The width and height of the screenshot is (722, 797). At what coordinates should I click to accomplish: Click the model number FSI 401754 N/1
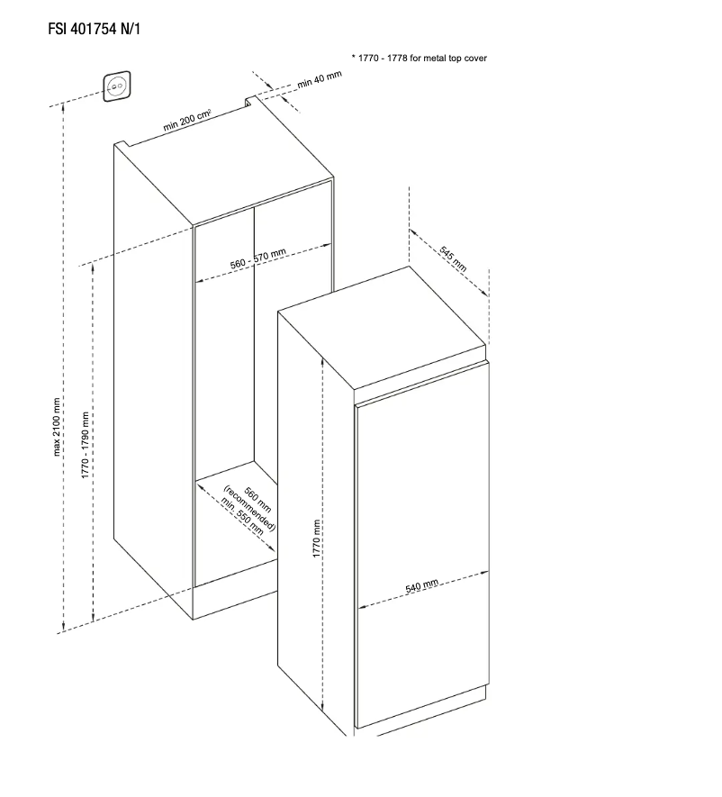coord(94,29)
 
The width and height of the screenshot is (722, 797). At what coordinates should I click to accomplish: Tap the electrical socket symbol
coord(117,86)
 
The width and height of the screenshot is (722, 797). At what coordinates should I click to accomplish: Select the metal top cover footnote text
coord(420,58)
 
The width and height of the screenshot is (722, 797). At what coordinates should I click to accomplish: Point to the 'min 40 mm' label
coord(320,80)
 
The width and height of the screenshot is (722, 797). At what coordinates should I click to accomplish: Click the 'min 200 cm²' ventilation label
coord(187,121)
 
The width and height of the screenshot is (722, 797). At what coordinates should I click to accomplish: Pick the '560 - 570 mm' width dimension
coord(258,258)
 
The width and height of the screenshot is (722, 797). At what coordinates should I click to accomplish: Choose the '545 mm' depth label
coord(453,259)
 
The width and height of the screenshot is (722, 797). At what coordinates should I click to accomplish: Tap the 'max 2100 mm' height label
coord(57,427)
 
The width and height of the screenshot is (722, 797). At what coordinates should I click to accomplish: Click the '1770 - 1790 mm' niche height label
coord(85,445)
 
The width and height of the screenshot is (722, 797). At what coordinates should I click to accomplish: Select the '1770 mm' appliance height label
coord(316,539)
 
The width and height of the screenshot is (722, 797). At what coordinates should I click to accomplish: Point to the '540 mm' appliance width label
coord(421,586)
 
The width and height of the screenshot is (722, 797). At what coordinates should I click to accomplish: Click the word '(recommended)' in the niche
coord(249,509)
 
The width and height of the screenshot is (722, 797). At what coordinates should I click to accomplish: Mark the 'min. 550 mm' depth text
coord(242,516)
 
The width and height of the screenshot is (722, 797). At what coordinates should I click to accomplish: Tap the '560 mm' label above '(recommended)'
coord(257,500)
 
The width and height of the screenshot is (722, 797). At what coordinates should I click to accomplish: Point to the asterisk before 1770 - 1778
coord(353,57)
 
